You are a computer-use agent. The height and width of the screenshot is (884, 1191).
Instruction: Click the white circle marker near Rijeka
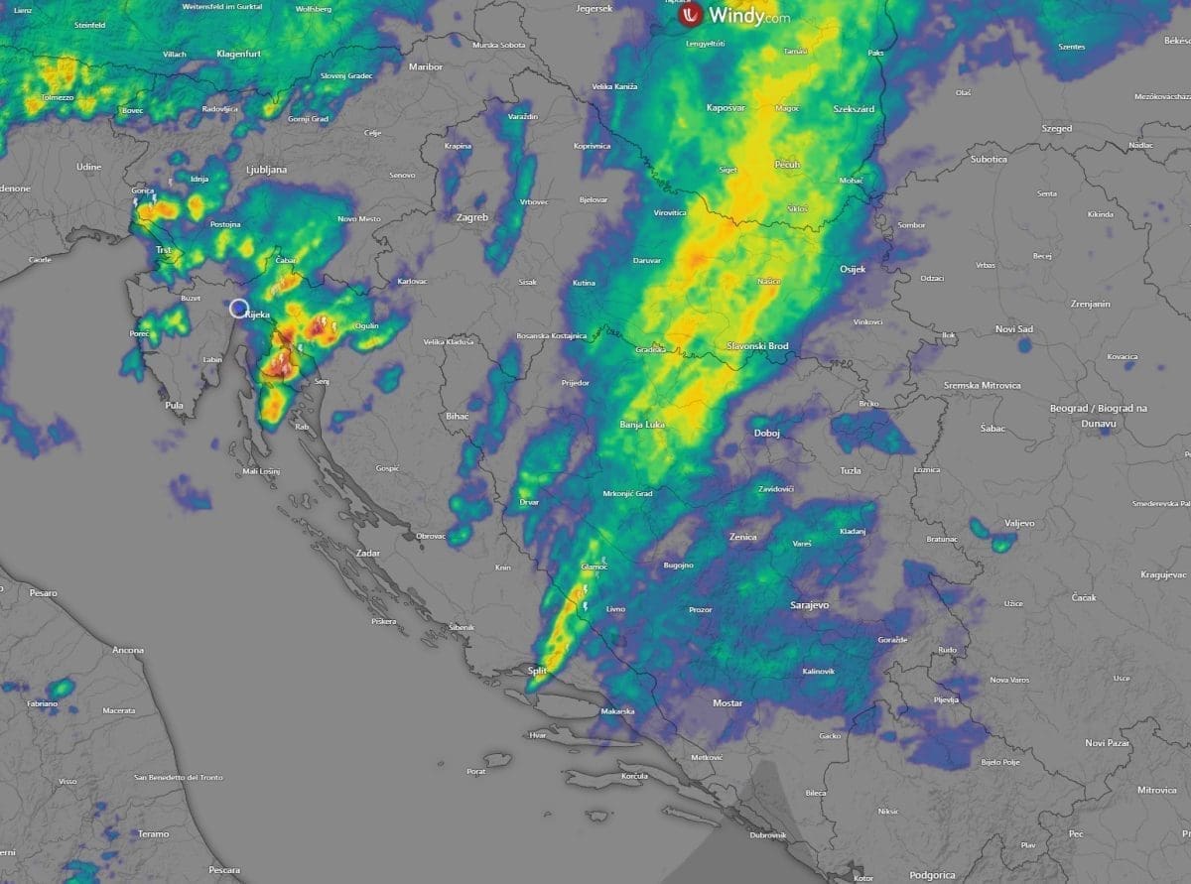pos(239,309)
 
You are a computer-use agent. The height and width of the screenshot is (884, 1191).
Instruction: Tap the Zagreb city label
pos(472,216)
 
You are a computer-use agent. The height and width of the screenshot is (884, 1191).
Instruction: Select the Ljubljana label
pos(266,170)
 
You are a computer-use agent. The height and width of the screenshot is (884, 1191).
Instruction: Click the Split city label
pos(537,672)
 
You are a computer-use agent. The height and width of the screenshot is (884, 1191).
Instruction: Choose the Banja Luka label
pos(642,425)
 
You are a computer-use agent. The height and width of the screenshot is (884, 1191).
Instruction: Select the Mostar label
pos(728,702)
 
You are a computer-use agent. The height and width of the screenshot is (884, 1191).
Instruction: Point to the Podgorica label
pos(931,875)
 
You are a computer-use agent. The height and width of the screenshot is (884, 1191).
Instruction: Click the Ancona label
pos(128,650)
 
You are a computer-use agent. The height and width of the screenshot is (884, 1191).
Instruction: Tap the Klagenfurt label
pos(238,54)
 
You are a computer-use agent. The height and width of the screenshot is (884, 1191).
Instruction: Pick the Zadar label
pos(368,552)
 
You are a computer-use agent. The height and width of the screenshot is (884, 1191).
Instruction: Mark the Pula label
pos(175,405)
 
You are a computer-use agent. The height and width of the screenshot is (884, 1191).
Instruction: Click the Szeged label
pos(1057,128)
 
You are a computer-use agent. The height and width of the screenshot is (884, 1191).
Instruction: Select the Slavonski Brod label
pos(758,345)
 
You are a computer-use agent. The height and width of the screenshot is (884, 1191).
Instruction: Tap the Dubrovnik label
pos(767,834)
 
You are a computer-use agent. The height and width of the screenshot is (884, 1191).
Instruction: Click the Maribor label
pos(425,66)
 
